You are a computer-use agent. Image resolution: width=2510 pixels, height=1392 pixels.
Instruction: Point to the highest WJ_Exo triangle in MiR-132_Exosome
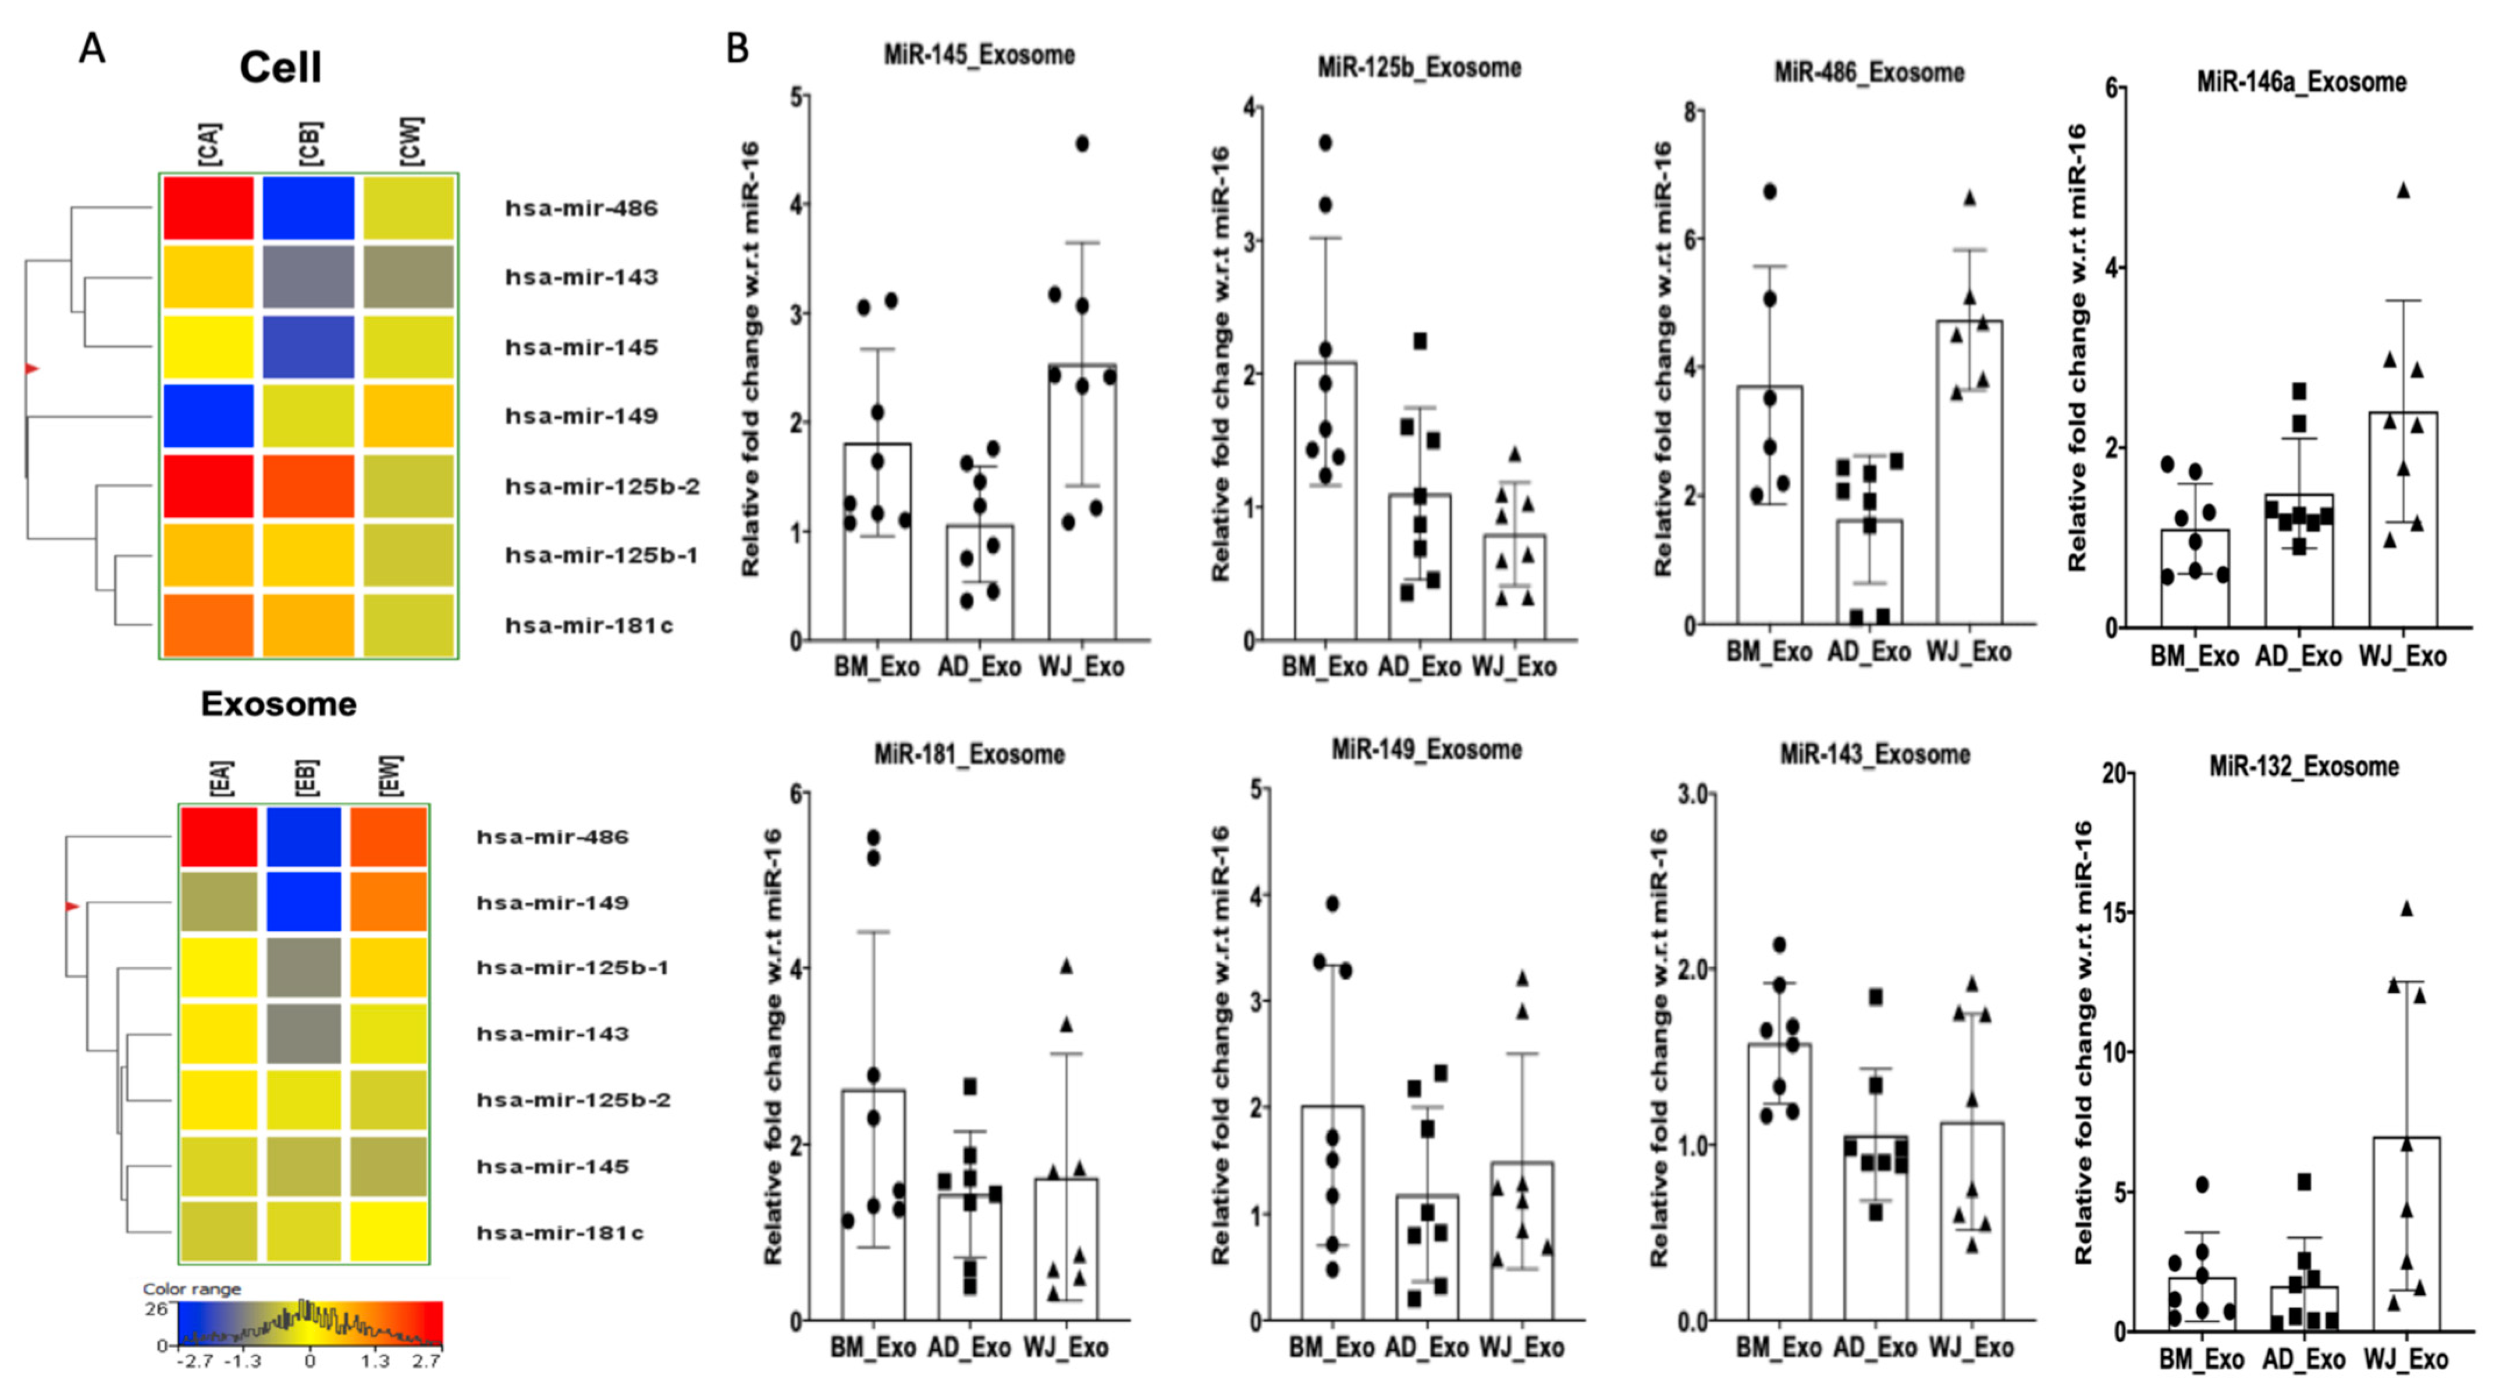pos(2406,908)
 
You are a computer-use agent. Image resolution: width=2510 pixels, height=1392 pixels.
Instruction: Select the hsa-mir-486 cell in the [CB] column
pos(308,208)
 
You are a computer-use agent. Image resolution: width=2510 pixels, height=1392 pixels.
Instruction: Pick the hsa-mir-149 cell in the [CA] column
pos(208,416)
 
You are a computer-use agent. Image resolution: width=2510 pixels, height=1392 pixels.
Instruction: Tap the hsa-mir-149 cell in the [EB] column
pos(304,901)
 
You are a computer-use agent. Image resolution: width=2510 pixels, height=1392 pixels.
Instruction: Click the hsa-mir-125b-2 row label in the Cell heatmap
pos(601,487)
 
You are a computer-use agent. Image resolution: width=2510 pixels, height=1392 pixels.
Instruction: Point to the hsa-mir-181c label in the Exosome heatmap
pos(559,1233)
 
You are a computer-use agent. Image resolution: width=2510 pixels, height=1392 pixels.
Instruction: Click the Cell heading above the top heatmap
pos(280,68)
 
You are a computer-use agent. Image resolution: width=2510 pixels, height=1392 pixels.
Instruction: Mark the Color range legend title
pos(192,1288)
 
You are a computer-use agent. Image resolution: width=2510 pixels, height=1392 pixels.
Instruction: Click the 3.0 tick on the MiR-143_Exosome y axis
pos(1694,794)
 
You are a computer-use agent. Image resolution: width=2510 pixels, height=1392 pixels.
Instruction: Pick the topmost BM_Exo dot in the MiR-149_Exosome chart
pos(1332,904)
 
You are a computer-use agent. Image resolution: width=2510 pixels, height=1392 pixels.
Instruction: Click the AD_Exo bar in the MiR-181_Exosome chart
pos(969,1258)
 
